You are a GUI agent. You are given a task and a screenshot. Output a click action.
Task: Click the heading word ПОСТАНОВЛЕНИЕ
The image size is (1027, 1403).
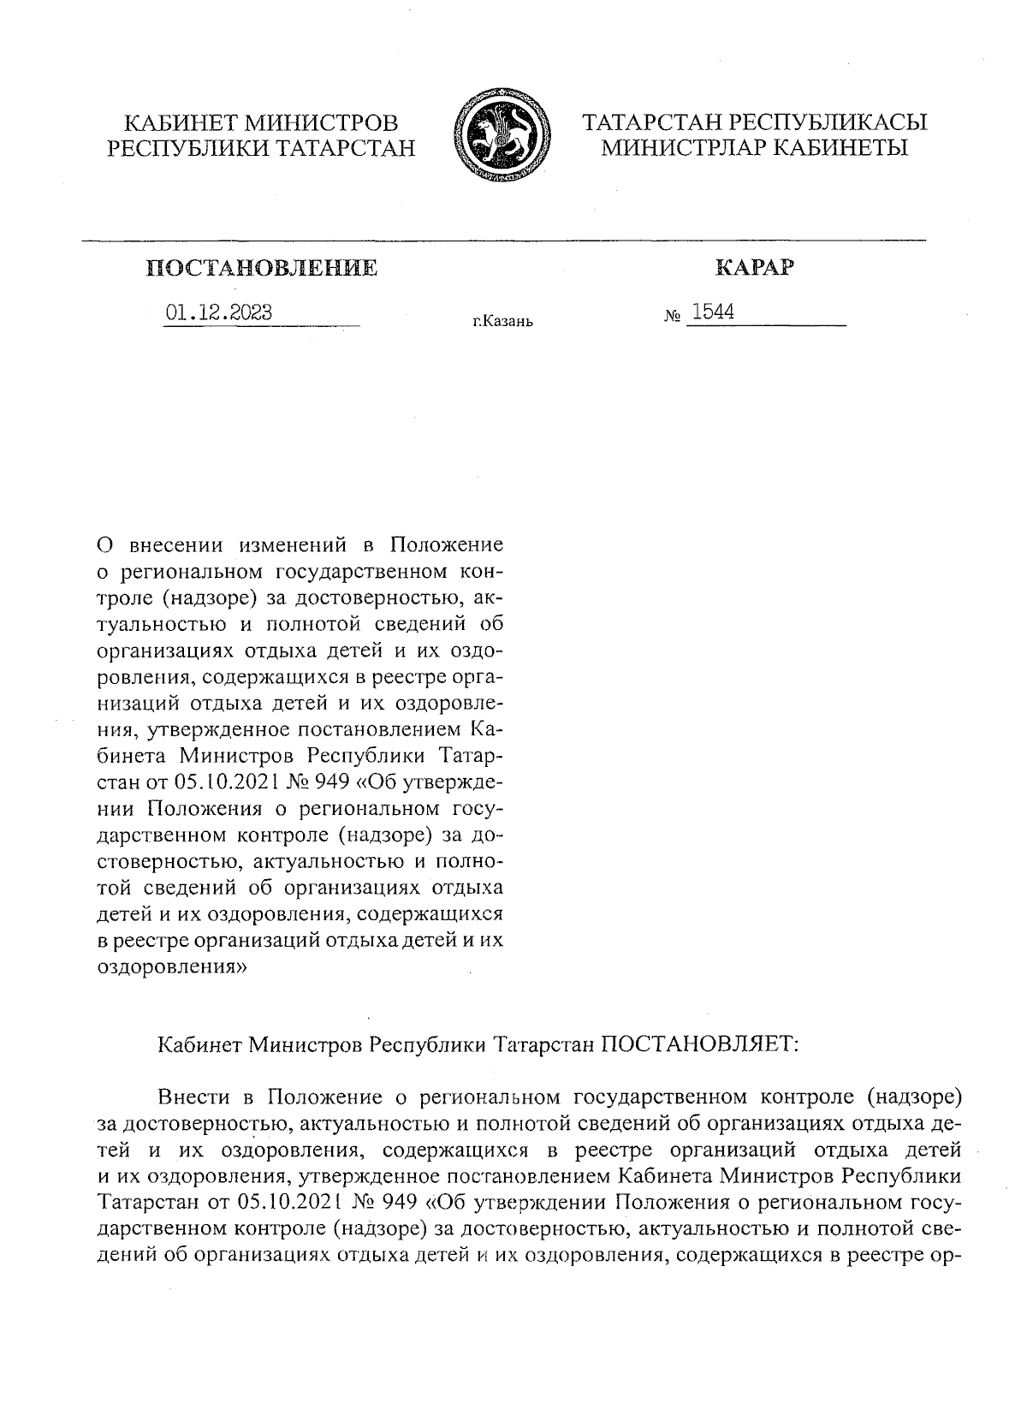pos(263,269)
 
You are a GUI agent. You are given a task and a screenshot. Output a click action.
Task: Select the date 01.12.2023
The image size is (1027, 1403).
pos(219,312)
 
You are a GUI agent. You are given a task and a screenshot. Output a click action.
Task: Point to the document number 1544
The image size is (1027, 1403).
pos(713,312)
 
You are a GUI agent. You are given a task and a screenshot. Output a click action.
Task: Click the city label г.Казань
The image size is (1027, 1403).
pos(502,323)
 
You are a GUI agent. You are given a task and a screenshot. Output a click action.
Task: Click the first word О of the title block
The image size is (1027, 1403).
pos(106,545)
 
